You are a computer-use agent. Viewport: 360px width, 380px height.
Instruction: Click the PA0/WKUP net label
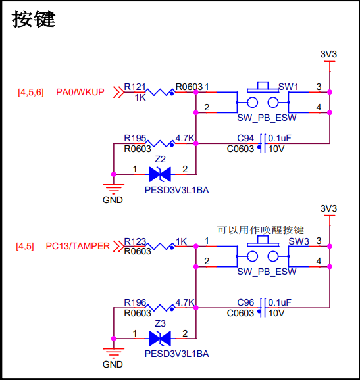80,92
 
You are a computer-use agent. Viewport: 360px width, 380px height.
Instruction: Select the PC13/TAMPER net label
78,246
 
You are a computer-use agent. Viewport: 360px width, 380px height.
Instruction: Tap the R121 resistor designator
135,87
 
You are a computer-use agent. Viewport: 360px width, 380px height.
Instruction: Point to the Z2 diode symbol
160,174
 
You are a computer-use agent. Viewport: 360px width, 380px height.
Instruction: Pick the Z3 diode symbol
160,339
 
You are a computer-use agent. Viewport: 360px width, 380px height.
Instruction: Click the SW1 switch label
288,87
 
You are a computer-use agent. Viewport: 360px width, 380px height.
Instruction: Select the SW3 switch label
299,241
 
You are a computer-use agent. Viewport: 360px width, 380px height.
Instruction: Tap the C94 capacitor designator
245,138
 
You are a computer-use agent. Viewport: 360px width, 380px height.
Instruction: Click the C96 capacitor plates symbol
263,308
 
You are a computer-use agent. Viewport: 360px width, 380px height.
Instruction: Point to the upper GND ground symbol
114,189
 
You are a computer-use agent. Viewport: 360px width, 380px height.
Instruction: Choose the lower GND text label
113,364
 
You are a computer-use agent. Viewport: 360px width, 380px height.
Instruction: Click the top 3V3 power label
328,54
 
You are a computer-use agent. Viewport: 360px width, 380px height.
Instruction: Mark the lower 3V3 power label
328,208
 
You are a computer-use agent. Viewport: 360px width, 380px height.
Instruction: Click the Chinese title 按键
34,19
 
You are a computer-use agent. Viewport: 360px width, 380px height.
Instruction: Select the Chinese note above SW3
261,230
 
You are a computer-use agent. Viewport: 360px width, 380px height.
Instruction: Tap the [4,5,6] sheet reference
31,92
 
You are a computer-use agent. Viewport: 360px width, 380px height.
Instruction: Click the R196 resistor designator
135,302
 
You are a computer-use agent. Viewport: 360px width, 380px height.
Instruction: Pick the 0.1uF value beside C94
280,138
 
